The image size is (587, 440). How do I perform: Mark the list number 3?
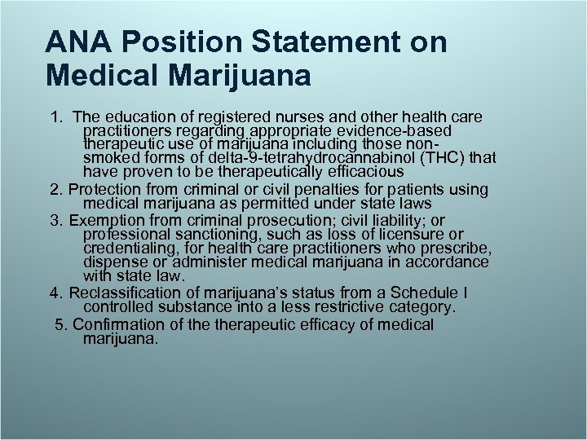[x=55, y=221]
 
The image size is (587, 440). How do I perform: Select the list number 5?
[x=60, y=324]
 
